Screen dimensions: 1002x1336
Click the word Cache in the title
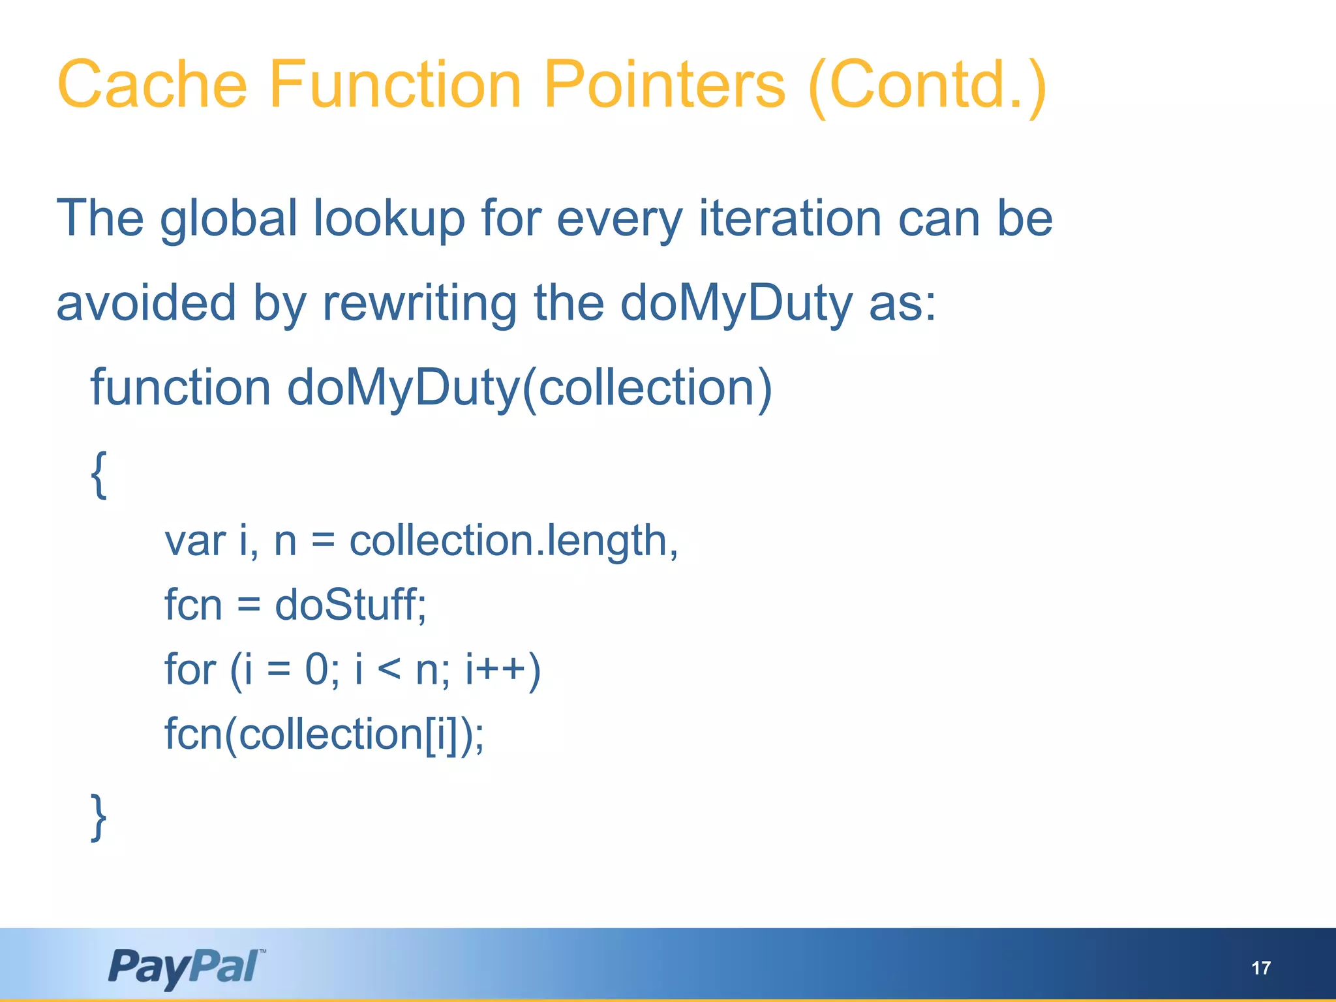pyautogui.click(x=152, y=85)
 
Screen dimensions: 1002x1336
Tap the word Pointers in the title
pyautogui.click(x=664, y=85)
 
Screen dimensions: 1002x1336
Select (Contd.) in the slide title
pyautogui.click(x=927, y=86)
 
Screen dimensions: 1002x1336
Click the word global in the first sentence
pyautogui.click(x=228, y=219)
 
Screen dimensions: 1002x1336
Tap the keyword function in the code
pyautogui.click(x=180, y=387)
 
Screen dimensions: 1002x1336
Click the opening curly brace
pyautogui.click(x=99, y=474)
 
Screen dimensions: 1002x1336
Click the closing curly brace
pyautogui.click(x=99, y=817)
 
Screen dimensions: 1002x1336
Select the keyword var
pyautogui.click(x=194, y=541)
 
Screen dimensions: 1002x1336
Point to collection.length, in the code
pyautogui.click(x=514, y=541)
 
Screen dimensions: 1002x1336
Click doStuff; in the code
pyautogui.click(x=350, y=605)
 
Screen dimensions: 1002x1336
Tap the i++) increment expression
pyautogui.click(x=502, y=670)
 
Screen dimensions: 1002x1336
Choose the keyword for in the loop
pyautogui.click(x=190, y=669)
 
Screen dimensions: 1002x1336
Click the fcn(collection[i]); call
pyautogui.click(x=324, y=735)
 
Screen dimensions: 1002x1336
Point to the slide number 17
pyautogui.click(x=1261, y=967)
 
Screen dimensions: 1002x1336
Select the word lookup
pyautogui.click(x=389, y=219)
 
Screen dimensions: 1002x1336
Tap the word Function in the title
pyautogui.click(x=395, y=85)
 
